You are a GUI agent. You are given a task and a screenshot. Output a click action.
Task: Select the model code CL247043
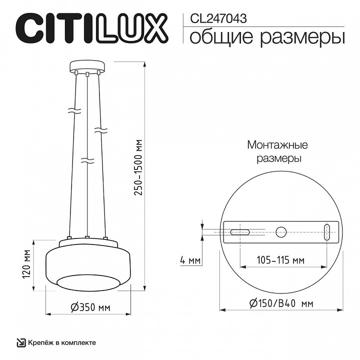point(219,18)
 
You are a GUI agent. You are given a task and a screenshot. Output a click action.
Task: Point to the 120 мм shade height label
point(28,266)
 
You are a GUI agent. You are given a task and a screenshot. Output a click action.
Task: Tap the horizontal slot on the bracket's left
point(240,231)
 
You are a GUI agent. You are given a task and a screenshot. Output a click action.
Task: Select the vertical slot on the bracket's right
point(327,232)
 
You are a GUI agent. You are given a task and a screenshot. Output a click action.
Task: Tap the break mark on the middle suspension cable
point(87,161)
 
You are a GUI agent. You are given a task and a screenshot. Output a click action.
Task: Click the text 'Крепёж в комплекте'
point(62,342)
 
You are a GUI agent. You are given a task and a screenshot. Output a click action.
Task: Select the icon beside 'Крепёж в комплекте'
point(21,342)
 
